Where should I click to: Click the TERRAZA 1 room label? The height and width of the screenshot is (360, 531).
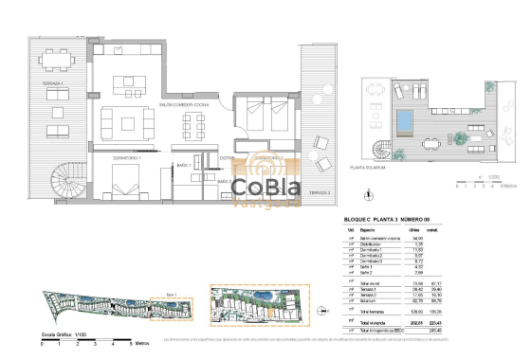coord(53,84)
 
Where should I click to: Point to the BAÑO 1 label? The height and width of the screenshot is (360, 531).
coord(183,166)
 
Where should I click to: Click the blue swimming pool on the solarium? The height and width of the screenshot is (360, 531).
coord(402,120)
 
